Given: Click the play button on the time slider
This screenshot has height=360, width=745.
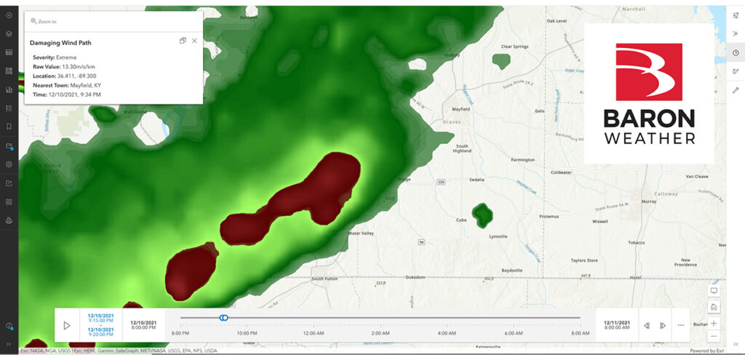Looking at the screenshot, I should pos(67,325).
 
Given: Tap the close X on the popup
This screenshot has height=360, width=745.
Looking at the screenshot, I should pos(194,41).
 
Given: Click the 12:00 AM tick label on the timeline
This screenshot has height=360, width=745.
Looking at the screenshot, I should pos(314,333).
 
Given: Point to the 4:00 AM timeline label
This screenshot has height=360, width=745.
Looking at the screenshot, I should pos(446,333).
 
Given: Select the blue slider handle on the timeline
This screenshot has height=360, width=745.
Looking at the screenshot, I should pos(224,317).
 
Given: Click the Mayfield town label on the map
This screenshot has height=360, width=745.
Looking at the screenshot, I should pos(461,109).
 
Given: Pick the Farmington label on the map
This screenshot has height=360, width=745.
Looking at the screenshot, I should pos(522,159).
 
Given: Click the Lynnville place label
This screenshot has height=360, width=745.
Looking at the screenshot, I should pos(498,237).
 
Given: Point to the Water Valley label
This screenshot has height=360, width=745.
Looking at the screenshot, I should pos(363,233).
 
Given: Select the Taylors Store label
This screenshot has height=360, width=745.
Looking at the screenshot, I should pos(583,260).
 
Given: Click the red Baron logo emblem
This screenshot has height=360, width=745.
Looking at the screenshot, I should pos(648,72).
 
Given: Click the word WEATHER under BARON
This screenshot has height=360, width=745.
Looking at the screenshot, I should pos(648,138).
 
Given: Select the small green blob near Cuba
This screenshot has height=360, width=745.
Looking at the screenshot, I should pos(481,214).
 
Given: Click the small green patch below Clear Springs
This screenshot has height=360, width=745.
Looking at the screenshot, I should pos(502,60).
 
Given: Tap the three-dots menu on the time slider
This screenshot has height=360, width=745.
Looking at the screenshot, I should pos(681,325).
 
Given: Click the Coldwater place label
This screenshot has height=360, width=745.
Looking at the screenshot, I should pos(561,172).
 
